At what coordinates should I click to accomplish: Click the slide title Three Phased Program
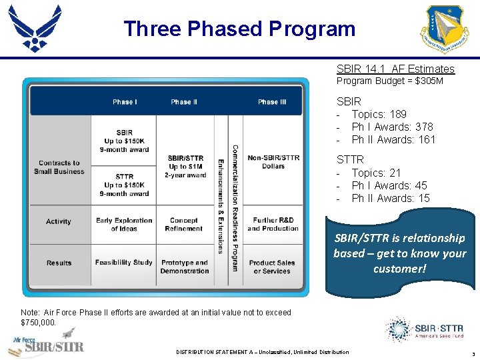pyautogui.click(x=239, y=29)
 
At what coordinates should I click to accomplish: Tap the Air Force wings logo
pyautogui.click(x=35, y=28)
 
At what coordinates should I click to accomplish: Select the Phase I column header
pyautogui.click(x=125, y=102)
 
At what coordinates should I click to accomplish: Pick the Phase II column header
pyautogui.click(x=184, y=102)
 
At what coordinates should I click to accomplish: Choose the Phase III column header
pyautogui.click(x=272, y=102)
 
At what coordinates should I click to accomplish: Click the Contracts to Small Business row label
pyautogui.click(x=59, y=167)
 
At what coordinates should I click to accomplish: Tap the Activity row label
pyautogui.click(x=59, y=221)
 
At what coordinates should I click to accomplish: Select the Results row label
pyautogui.click(x=59, y=263)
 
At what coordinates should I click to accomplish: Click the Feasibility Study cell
pyautogui.click(x=124, y=263)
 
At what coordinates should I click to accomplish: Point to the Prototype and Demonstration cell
pyautogui.click(x=185, y=267)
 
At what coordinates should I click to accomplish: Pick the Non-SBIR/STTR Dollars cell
pyautogui.click(x=273, y=162)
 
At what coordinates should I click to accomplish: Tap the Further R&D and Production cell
pyautogui.click(x=273, y=224)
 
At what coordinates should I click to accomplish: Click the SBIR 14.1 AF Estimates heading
pyautogui.click(x=395, y=69)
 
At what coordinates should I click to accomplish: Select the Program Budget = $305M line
pyautogui.click(x=389, y=81)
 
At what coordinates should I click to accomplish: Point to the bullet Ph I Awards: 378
pyautogui.click(x=392, y=127)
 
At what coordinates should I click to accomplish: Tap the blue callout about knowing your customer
pyautogui.click(x=399, y=253)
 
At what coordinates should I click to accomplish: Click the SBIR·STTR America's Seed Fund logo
pyautogui.click(x=423, y=329)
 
